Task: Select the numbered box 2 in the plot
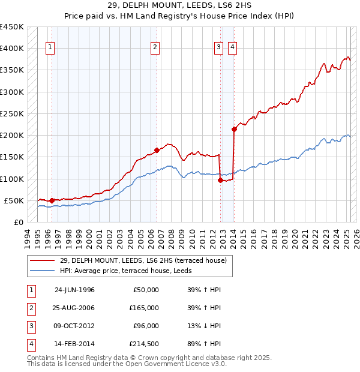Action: click(155, 47)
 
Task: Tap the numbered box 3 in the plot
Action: click(218, 47)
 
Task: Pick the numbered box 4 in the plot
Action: click(232, 47)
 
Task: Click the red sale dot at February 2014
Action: click(234, 128)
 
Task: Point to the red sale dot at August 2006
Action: click(157, 150)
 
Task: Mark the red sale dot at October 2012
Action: click(221, 180)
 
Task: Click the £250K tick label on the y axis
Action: click(12, 113)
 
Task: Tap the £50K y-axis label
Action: click(14, 200)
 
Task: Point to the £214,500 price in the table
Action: click(145, 344)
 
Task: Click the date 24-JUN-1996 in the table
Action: click(74, 290)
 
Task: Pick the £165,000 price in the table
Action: click(145, 308)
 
